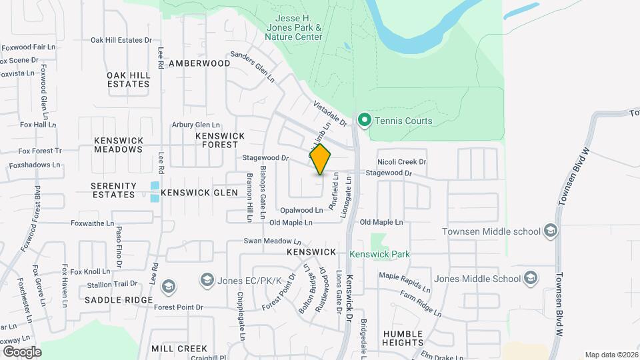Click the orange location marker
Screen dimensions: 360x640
[x=321, y=159]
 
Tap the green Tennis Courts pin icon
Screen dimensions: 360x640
[x=364, y=121]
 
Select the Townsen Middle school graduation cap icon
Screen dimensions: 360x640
[x=551, y=231]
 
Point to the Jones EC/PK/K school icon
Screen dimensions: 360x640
[x=207, y=279]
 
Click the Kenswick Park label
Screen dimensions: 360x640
[x=379, y=254]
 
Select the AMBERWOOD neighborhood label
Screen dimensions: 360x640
[x=199, y=63]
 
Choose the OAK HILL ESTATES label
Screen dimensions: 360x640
[x=128, y=79]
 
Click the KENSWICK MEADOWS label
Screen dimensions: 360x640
[x=119, y=145]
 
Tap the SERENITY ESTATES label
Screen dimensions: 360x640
[x=113, y=189]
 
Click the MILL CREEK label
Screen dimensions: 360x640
[x=179, y=349]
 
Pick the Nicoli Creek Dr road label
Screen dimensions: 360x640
[x=401, y=162]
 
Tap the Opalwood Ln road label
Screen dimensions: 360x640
[x=301, y=210]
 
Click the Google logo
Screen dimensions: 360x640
[x=21, y=351]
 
